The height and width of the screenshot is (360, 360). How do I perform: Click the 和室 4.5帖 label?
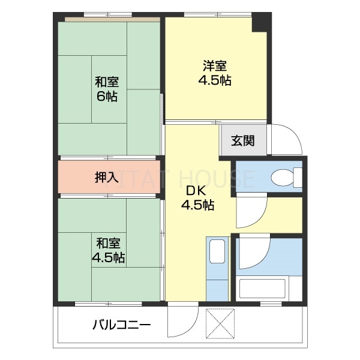coord(108,250)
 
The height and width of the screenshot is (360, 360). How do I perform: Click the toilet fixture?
coord(282,178)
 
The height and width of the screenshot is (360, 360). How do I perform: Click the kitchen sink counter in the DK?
coord(217,267)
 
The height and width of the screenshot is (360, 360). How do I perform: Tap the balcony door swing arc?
coord(182,324)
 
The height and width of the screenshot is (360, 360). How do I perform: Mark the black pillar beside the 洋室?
coord(259,23)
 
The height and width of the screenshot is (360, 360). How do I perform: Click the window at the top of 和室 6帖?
coord(108,14)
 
